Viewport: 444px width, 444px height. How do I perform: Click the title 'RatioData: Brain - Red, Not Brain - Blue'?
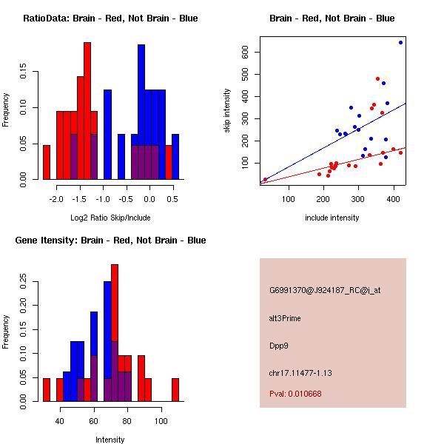110,18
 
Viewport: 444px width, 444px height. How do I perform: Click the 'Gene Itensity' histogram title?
110,240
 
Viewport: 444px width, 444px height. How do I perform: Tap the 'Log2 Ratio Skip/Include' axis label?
110,218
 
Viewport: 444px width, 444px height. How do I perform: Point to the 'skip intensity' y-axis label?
227,111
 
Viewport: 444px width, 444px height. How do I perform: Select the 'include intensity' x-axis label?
332,218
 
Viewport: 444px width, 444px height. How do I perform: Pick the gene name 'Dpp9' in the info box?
278,346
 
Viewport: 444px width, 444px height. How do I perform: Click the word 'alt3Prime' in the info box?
285,318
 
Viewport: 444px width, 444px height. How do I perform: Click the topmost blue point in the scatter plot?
400,43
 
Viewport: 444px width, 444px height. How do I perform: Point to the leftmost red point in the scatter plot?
265,179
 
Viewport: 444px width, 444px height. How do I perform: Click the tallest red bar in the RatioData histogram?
87,111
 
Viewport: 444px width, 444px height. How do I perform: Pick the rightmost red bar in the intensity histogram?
175,390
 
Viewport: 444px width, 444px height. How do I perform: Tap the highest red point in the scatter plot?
377,78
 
